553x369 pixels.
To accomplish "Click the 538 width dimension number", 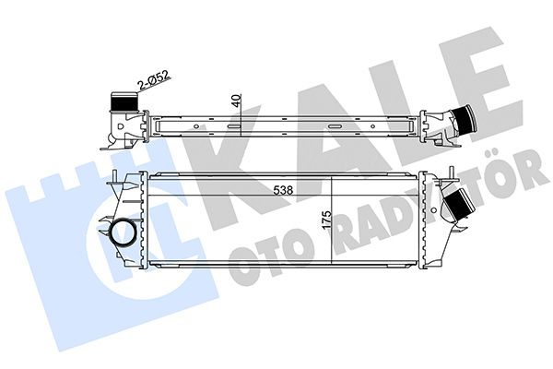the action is coord(283,190).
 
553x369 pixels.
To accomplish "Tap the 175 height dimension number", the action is coord(326,220).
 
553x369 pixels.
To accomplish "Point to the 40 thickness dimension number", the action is coord(237,101).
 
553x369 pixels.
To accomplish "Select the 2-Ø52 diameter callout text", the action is coord(154,80).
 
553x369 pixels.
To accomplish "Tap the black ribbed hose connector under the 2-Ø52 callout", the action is coord(124,102).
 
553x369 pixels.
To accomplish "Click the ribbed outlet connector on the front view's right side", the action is coord(456,205).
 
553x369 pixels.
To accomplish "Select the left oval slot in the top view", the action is coord(233,125).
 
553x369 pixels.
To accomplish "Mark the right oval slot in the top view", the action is coord(334,125).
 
